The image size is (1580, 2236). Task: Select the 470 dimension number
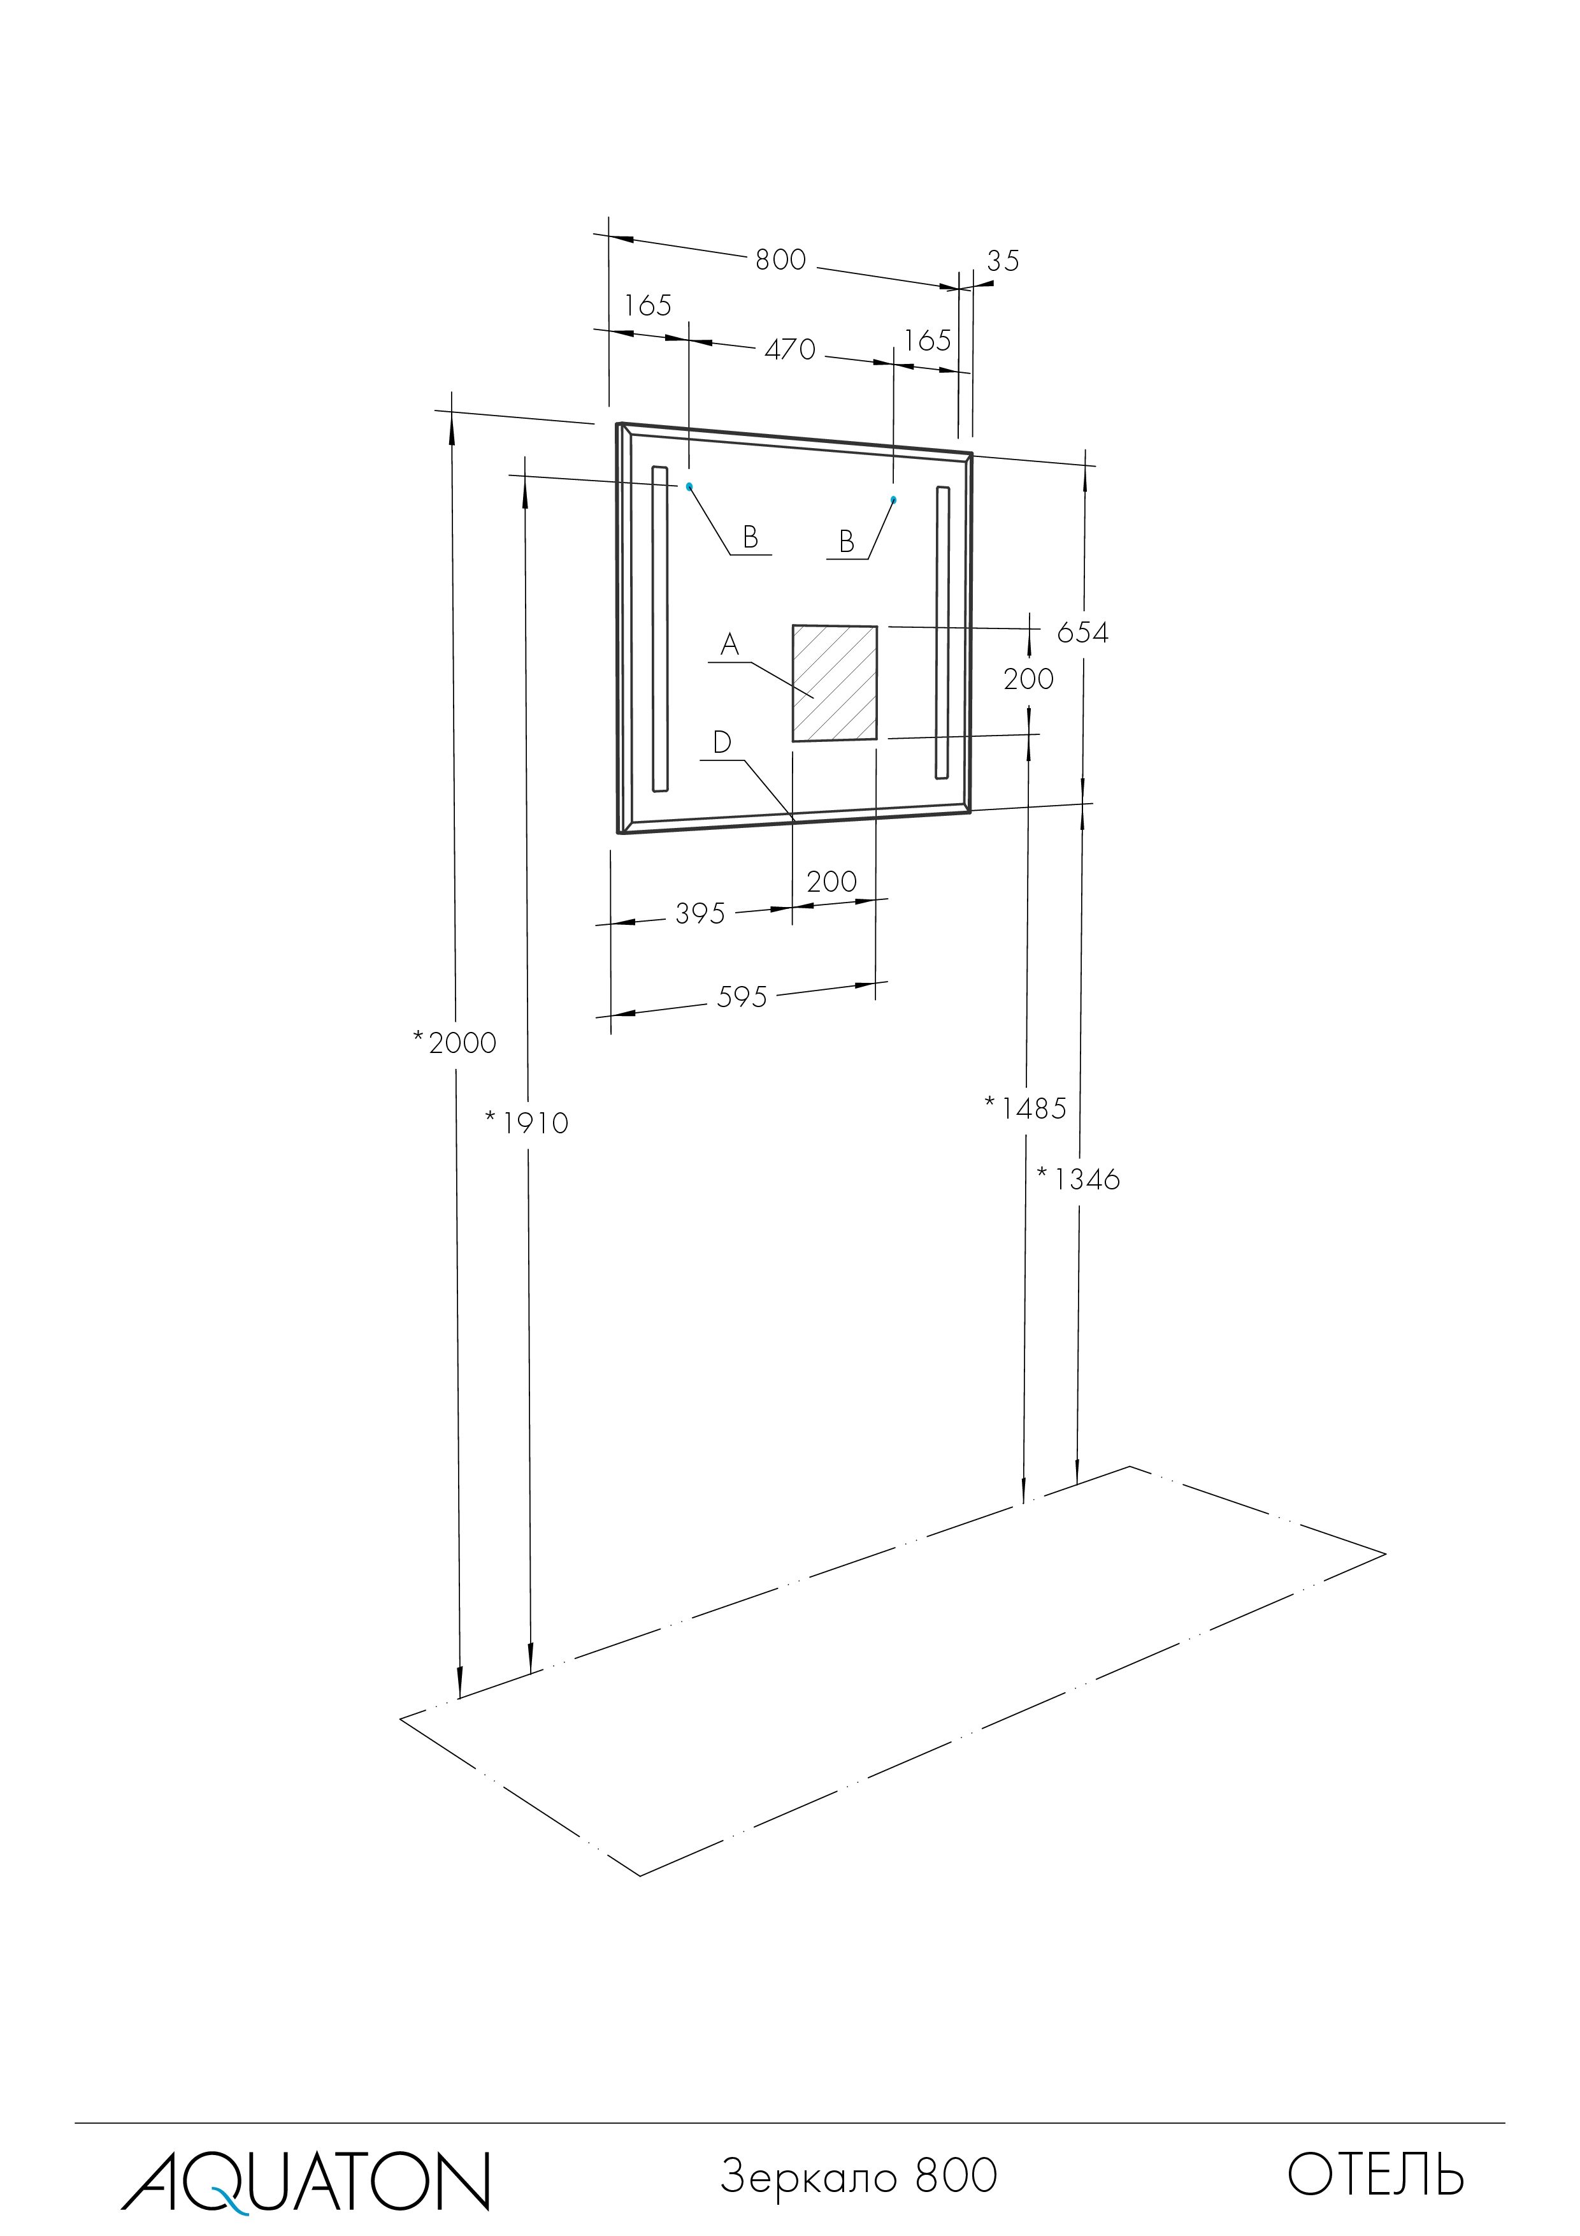pyautogui.click(x=789, y=349)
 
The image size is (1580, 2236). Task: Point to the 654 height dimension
pyautogui.click(x=1082, y=633)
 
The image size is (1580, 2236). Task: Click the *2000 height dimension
pyautogui.click(x=455, y=1043)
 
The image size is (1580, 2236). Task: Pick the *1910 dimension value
pyautogui.click(x=527, y=1123)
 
